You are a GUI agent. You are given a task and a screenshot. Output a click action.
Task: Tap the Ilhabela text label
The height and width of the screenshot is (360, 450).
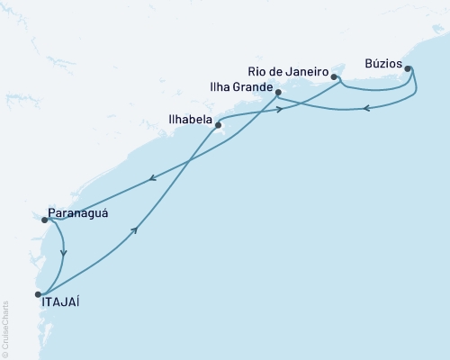pos(190,118)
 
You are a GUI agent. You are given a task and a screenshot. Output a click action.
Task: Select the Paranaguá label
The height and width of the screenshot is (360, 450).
pos(78,213)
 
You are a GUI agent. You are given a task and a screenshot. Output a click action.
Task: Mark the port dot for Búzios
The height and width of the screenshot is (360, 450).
pos(408,68)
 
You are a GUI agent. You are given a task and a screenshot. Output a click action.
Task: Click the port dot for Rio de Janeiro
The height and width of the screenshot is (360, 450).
pos(334,77)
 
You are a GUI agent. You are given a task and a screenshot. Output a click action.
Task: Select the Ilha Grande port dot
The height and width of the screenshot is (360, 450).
pos(278,93)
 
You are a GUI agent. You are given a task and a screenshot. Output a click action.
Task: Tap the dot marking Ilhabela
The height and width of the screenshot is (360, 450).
pos(219,125)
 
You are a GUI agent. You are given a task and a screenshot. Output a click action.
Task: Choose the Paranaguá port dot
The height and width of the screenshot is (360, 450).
pos(44,220)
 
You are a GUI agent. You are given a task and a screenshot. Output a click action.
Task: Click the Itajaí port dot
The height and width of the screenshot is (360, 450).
pos(38,294)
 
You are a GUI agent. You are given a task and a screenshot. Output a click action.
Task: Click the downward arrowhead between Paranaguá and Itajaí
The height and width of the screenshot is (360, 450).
pos(63,253)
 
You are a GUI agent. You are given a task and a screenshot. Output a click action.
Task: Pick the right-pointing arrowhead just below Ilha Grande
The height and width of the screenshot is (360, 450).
pos(281,110)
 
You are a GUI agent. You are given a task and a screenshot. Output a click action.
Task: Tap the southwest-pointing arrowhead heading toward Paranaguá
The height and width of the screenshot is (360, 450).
pos(152,177)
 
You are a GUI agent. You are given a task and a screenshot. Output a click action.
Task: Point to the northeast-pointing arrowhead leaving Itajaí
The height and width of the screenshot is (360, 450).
pos(135,230)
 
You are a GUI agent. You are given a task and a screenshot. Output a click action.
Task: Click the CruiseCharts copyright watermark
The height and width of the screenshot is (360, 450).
pos(5,325)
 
